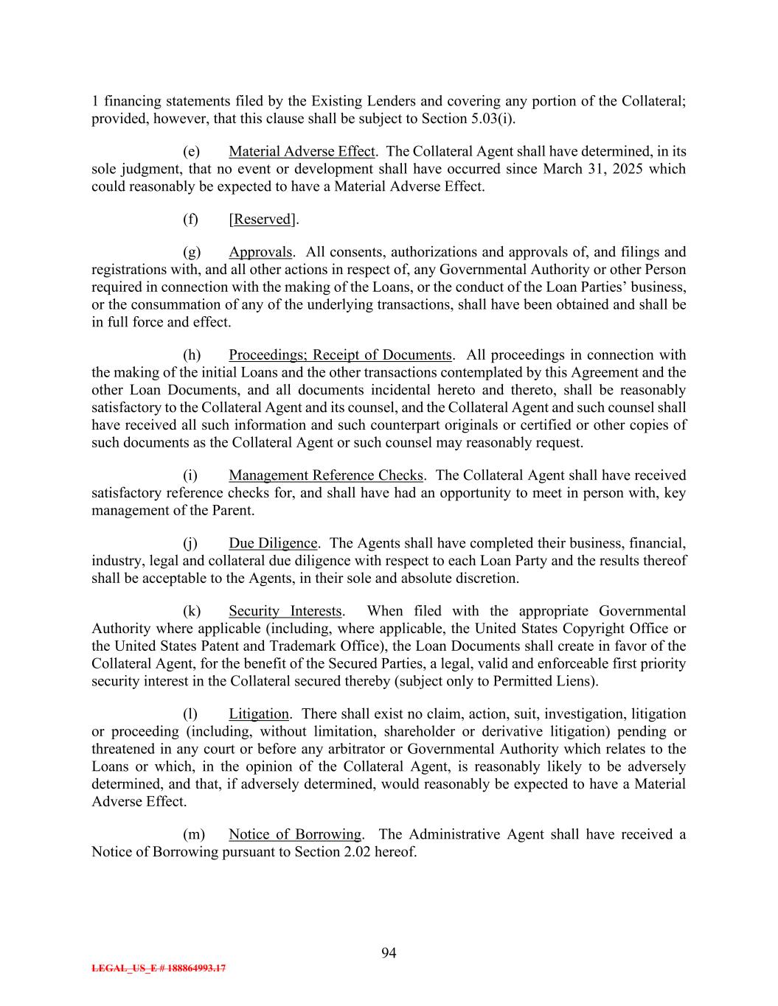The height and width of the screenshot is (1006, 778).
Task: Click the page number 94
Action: [389, 954]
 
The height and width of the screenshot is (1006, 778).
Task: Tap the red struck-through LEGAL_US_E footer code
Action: [159, 968]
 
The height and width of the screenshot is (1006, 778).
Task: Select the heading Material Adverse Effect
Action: [302, 152]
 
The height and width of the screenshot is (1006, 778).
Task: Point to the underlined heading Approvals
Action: [260, 252]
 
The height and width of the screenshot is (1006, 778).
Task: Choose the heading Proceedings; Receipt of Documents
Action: [340, 355]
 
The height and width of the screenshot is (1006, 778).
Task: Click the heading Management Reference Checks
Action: [326, 475]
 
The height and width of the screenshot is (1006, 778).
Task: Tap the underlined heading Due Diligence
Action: [273, 543]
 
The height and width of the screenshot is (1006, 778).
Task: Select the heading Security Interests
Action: [285, 611]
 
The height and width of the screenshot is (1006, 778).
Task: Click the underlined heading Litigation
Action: [259, 713]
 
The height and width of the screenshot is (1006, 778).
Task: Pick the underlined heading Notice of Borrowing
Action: [295, 834]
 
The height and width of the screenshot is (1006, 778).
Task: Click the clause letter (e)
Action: [191, 152]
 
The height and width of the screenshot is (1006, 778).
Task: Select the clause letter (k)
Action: [191, 611]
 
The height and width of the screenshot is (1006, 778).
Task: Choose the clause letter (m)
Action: [193, 834]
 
